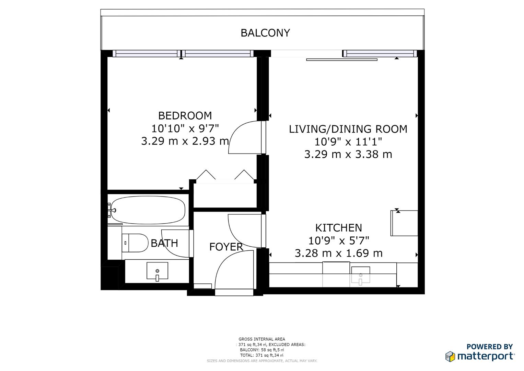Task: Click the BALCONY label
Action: click(265, 33)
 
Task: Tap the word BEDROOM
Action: click(185, 115)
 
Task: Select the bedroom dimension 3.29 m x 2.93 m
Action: click(185, 141)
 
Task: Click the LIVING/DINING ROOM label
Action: click(348, 129)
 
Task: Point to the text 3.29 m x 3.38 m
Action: click(348, 155)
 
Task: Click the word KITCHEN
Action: click(338, 228)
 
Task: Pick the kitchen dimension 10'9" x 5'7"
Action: click(338, 240)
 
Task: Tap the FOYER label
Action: click(226, 247)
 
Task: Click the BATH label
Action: click(164, 243)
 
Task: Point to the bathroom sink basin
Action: click(157, 271)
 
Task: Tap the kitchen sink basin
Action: click(360, 275)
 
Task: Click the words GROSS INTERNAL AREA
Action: click(262, 339)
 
